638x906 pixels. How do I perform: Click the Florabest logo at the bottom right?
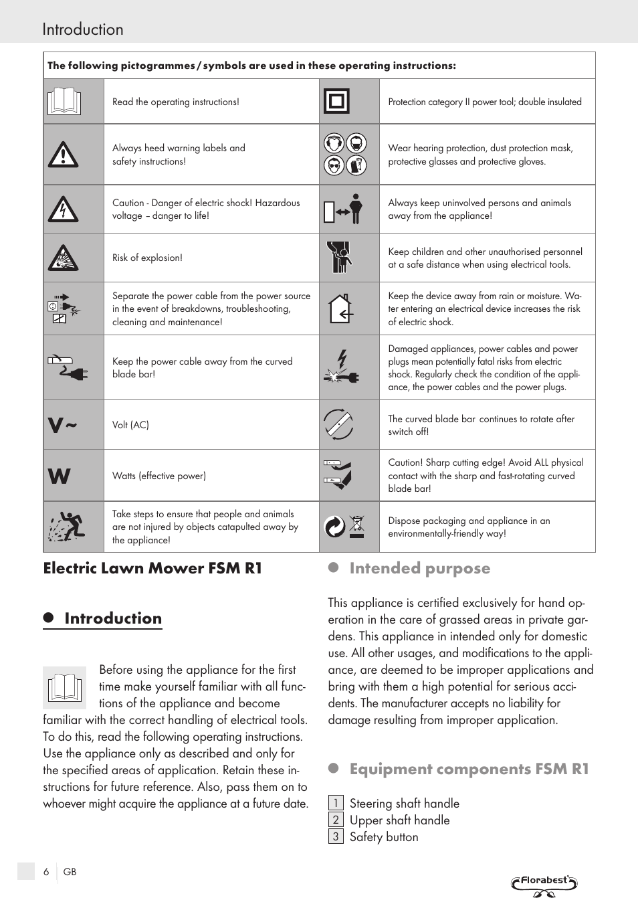pyautogui.click(x=544, y=884)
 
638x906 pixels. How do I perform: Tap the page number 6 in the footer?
pyautogui.click(x=46, y=872)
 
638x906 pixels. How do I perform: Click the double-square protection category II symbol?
pyautogui.click(x=336, y=102)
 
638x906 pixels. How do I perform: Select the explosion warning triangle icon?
pyautogui.click(x=64, y=258)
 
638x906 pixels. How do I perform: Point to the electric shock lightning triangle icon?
pyautogui.click(x=64, y=209)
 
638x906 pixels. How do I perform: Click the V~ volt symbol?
pyautogui.click(x=62, y=425)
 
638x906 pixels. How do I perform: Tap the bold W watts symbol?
pyautogui.click(x=59, y=476)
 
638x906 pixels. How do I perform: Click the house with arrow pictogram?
pyautogui.click(x=340, y=309)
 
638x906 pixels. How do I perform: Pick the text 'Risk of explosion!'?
pyautogui.click(x=147, y=258)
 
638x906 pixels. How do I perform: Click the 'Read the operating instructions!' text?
pyautogui.click(x=175, y=102)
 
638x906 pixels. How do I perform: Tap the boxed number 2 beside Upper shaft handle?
pyautogui.click(x=336, y=820)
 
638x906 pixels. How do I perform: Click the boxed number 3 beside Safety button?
pyautogui.click(x=336, y=836)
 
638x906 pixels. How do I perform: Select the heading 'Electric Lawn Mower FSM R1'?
pyautogui.click(x=152, y=568)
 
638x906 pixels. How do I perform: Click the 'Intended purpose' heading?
pyautogui.click(x=419, y=568)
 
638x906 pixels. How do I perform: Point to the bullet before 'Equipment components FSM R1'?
pyautogui.click(x=334, y=769)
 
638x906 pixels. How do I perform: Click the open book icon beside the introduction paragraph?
pyautogui.click(x=64, y=687)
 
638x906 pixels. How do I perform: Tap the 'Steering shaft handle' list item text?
pyautogui.click(x=404, y=803)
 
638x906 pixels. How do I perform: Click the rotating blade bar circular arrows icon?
pyautogui.click(x=338, y=424)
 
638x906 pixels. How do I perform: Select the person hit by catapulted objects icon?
pyautogui.click(x=66, y=527)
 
